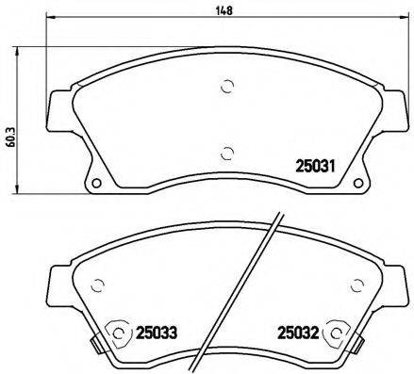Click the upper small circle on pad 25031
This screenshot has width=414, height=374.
(227, 88)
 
